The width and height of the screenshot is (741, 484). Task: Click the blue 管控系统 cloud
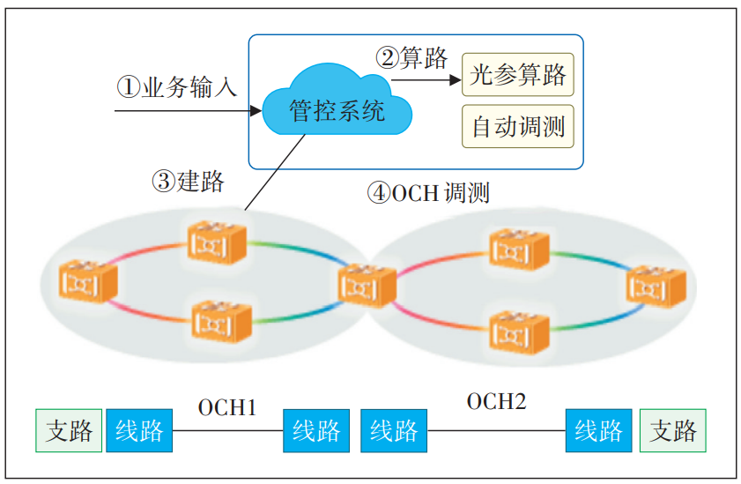pos(337,101)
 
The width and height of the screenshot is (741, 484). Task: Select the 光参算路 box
pos(518,75)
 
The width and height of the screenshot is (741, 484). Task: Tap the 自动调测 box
pos(518,126)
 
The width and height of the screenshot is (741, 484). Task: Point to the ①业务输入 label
pos(177,87)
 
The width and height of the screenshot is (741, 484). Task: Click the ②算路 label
pos(411,58)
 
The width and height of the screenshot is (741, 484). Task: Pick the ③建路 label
pos(188,181)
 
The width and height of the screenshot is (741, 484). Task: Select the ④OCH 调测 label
pos(428,193)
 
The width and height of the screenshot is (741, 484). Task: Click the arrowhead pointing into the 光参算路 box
pos(456,80)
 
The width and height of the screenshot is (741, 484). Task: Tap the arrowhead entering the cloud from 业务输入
pos(256,111)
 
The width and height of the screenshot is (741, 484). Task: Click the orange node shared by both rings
pos(367,286)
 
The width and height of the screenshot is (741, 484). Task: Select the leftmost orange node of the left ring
pos(88,282)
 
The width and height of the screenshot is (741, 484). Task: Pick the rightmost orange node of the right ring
pos(656,285)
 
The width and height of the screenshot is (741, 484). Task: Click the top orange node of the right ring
pos(519,249)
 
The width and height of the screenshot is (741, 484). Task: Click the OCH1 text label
pos(227,407)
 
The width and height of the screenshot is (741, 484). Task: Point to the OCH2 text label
pos(496,401)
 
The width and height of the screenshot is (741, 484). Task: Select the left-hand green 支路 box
pos(69,430)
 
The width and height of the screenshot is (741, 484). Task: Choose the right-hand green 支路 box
pos(673,430)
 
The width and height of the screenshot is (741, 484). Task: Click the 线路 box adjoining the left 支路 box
pos(139,430)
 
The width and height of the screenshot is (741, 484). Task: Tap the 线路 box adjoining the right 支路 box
pos(599,430)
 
